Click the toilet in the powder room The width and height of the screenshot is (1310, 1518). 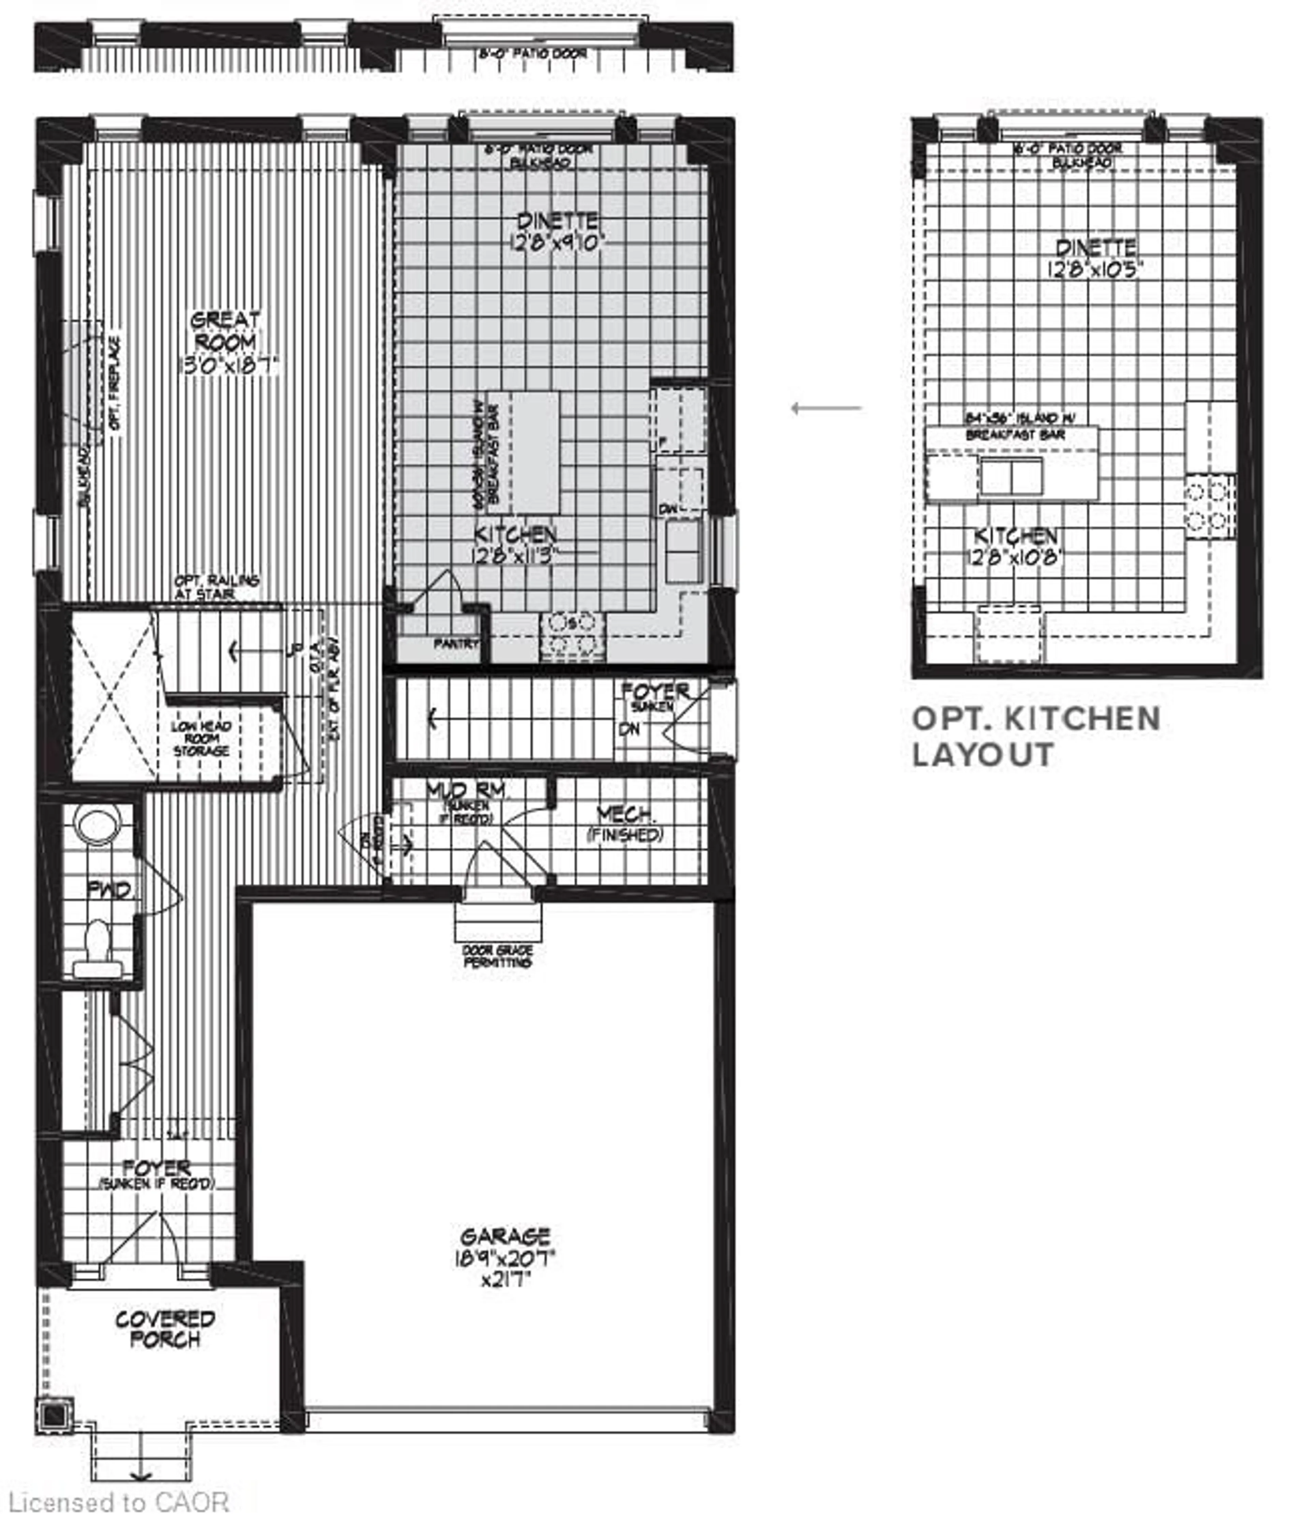point(97,945)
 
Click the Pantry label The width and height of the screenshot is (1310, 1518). point(455,643)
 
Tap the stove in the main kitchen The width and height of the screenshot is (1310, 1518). point(572,635)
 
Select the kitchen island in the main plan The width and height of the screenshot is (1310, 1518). point(534,452)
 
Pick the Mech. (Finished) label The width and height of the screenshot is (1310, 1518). point(625,823)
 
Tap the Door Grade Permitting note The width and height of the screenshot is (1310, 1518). point(497,956)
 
